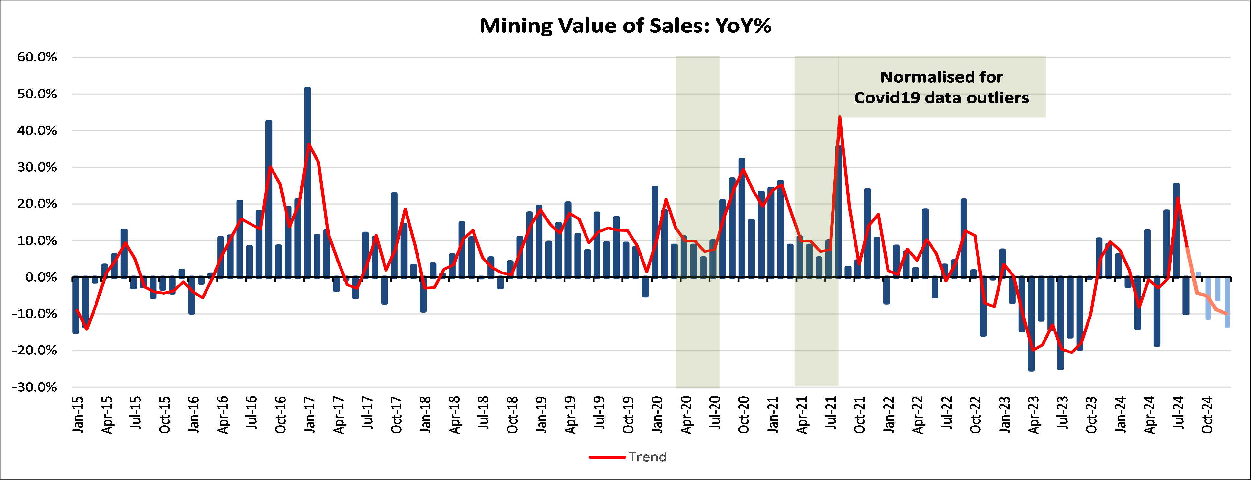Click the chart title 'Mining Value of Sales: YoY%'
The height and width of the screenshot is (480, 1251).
(625, 26)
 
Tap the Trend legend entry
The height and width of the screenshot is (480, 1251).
(628, 457)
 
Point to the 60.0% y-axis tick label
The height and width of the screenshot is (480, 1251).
(37, 57)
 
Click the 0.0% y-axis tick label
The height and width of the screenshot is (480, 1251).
(41, 277)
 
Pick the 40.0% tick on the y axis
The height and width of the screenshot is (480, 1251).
(37, 131)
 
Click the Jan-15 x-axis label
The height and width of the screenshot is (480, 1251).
(78, 414)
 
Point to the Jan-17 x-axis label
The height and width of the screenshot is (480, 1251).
(309, 414)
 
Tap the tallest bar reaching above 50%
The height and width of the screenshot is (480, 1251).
(307, 183)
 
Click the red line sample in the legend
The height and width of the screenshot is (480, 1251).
(607, 457)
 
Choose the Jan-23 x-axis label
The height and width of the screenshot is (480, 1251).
(1004, 414)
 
